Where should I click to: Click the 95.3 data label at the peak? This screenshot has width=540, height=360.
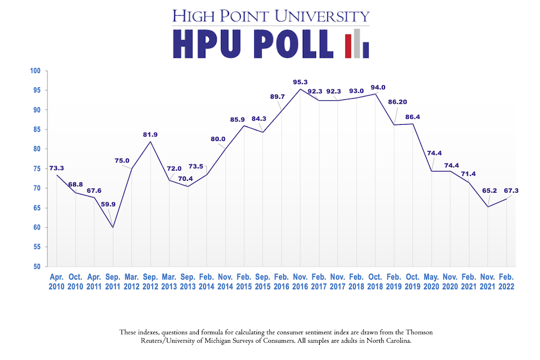(300, 82)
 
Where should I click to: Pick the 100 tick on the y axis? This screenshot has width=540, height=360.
(36, 71)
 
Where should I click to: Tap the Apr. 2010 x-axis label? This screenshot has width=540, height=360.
(57, 282)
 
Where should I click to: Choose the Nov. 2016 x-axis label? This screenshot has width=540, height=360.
(300, 282)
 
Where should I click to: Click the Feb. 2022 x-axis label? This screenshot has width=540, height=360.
(506, 282)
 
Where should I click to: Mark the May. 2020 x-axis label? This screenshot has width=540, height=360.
(431, 282)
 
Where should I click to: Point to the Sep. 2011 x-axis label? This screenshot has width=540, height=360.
(113, 282)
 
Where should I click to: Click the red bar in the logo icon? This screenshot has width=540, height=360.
(348, 46)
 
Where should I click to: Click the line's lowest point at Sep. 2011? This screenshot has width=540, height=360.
(113, 227)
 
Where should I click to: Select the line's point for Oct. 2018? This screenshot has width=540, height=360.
(375, 94)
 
